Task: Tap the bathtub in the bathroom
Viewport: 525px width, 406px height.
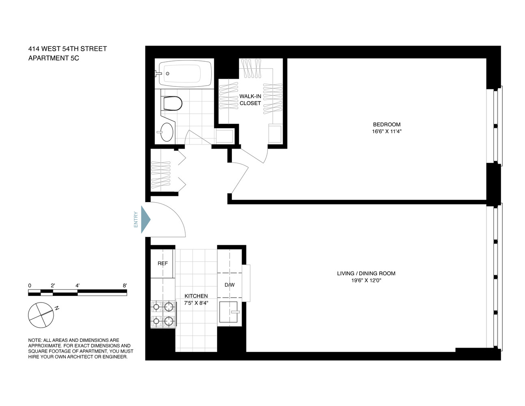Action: [x=185, y=73]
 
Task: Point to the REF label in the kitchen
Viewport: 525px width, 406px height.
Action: [x=162, y=263]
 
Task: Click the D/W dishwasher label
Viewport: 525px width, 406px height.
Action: [x=229, y=285]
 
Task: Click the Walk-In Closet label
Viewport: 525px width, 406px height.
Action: [x=250, y=100]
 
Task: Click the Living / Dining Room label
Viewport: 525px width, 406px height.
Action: [x=366, y=273]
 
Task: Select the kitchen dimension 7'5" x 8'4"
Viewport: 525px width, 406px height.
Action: [x=196, y=303]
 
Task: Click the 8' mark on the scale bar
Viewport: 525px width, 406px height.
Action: [x=125, y=285]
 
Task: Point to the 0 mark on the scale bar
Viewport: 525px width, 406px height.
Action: [x=30, y=285]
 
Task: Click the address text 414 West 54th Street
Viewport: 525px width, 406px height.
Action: [x=67, y=49]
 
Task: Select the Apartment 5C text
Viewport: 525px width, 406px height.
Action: [x=53, y=58]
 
